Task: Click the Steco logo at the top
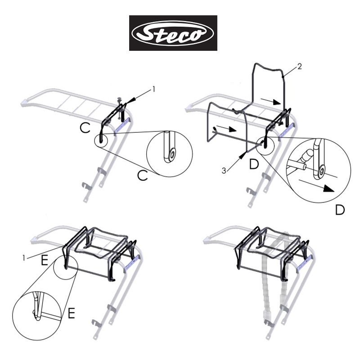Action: (173, 33)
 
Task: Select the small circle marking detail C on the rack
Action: (101, 140)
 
